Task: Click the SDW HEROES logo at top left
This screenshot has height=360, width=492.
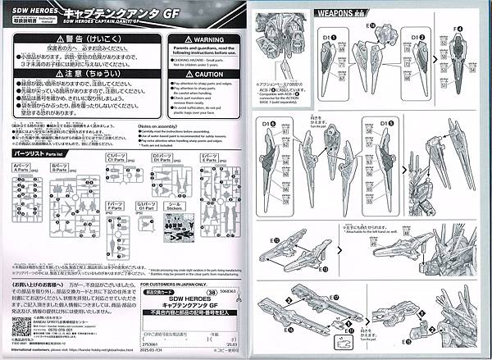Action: pos(30,7)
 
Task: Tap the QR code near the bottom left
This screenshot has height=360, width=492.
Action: pos(13,326)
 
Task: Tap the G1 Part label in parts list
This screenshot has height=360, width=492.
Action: pos(148,206)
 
